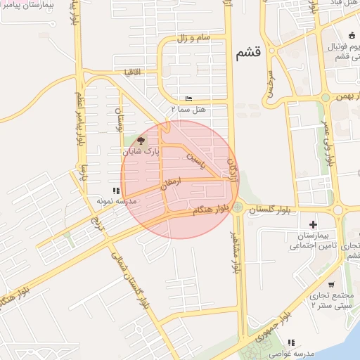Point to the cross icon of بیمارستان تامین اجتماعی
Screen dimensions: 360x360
(312, 224)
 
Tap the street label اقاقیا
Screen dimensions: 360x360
(132, 72)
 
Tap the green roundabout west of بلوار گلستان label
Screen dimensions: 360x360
(238, 207)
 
